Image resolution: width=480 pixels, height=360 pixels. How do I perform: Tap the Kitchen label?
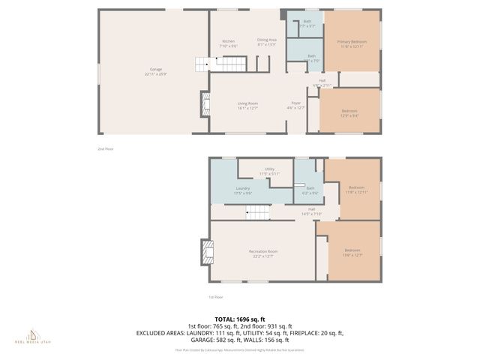click(x=229, y=43)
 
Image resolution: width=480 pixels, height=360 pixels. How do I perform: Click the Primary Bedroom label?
click(x=351, y=43)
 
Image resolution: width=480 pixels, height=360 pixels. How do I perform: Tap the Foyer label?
click(x=296, y=105)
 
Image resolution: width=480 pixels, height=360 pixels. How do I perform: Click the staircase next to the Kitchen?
click(x=202, y=64)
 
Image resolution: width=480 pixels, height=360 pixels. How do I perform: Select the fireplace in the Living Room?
click(x=205, y=104)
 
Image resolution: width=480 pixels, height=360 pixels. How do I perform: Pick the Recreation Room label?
click(x=263, y=253)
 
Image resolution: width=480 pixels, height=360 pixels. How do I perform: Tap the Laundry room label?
click(x=243, y=190)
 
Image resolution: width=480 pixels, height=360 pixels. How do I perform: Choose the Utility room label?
click(x=269, y=171)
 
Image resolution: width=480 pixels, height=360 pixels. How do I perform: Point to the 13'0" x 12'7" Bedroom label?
click(x=352, y=252)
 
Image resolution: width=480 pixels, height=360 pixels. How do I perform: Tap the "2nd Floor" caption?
click(x=105, y=148)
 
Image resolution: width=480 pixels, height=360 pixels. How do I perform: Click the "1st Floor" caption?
click(x=216, y=297)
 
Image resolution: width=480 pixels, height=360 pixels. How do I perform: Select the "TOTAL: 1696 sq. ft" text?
click(x=240, y=319)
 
